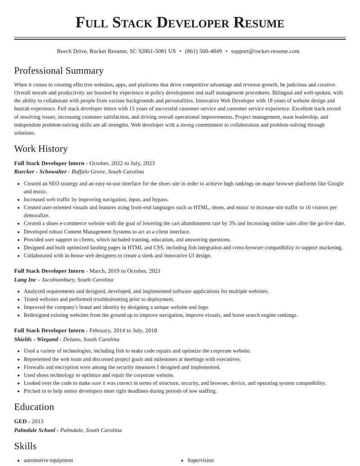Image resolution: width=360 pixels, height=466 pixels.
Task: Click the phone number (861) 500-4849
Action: [x=203, y=51]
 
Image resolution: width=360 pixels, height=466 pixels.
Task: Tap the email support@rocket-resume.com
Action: [x=265, y=51]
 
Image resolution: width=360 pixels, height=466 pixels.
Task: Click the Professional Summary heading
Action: [x=59, y=71]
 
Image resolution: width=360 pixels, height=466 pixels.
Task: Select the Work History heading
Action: [x=41, y=149]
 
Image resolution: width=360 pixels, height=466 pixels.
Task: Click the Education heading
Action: [x=34, y=407]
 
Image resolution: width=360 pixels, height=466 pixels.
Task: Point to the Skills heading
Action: [x=25, y=446]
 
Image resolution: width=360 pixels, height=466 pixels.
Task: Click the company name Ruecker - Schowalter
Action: [x=40, y=172]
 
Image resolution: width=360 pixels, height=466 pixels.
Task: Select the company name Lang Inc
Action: [x=25, y=280]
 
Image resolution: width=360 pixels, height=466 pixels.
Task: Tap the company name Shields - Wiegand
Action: [x=36, y=339]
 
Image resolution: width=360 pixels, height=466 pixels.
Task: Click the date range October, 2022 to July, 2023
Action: [x=122, y=163]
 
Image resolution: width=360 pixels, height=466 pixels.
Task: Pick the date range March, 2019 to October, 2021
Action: [x=125, y=271]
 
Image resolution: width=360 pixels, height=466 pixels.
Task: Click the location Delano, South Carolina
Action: [x=91, y=339]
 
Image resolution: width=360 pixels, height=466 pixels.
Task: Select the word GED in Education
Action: [x=20, y=421]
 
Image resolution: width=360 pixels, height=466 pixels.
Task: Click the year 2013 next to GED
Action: [x=37, y=421]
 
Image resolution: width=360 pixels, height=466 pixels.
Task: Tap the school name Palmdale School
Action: [x=35, y=430]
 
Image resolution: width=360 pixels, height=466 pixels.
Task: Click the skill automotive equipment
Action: [x=48, y=460]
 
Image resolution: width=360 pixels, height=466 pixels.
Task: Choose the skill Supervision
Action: [x=200, y=460]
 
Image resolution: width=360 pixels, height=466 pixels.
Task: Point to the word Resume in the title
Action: [x=259, y=23]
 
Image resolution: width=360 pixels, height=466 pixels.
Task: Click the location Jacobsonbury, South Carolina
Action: [x=77, y=280]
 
